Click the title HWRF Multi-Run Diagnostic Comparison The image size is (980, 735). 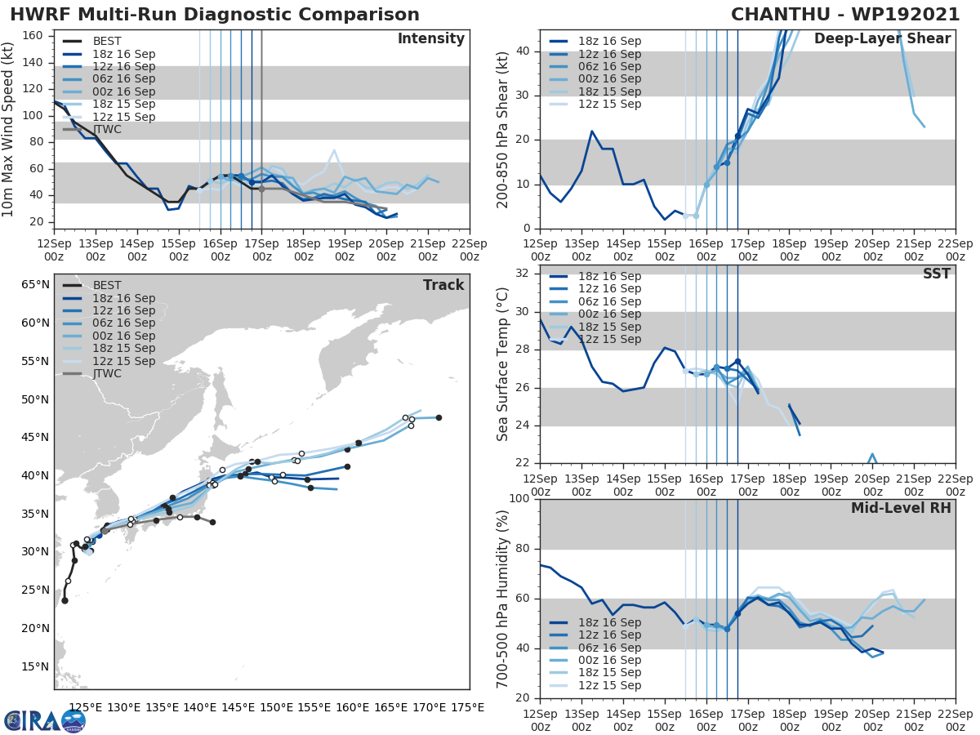215,15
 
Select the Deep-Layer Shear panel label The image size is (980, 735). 882,39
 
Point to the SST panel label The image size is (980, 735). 936,274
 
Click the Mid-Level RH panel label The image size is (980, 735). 901,509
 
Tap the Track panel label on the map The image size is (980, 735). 443,285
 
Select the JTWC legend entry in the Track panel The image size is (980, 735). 107,374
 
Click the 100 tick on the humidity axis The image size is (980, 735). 519,499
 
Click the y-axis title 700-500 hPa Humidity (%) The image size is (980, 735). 502,598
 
